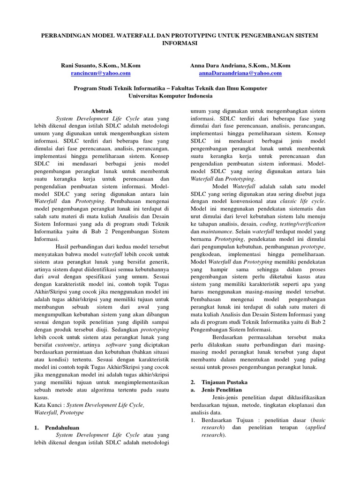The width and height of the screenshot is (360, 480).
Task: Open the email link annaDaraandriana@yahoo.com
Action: point(240,74)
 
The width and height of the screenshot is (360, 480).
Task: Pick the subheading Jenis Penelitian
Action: point(221,390)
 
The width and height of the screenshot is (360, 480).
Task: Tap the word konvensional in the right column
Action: point(235,201)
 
